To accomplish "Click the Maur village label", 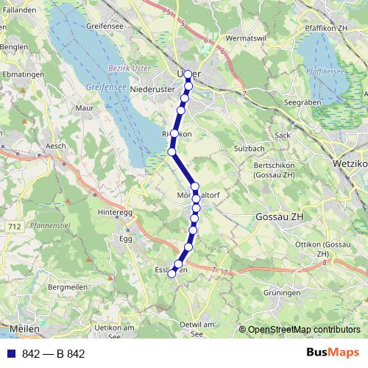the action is click(87, 108).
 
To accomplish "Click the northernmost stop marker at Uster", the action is click(188, 74).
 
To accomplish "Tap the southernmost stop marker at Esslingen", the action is click(172, 272).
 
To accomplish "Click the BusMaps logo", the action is click(333, 353).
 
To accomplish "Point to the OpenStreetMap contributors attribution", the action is click(304, 330).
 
